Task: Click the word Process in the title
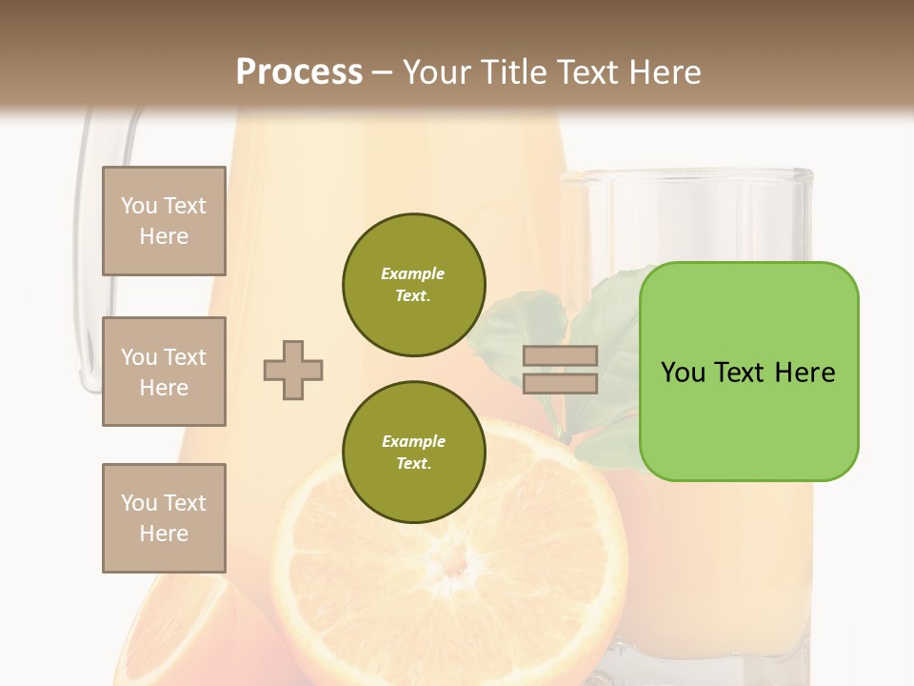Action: pos(299,72)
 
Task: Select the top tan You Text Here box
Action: pos(164,221)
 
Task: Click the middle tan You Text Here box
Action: pos(164,372)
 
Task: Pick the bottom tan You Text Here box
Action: pos(164,518)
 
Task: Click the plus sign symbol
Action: pos(293,370)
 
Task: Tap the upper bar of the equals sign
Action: pos(560,355)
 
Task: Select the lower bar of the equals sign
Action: pos(560,383)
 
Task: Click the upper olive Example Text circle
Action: pos(414,285)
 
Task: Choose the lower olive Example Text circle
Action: pos(414,452)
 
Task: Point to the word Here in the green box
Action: pos(805,373)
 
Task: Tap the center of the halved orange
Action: pos(455,562)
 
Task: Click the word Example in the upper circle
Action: pos(413,273)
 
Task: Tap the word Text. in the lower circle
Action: pos(413,464)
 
